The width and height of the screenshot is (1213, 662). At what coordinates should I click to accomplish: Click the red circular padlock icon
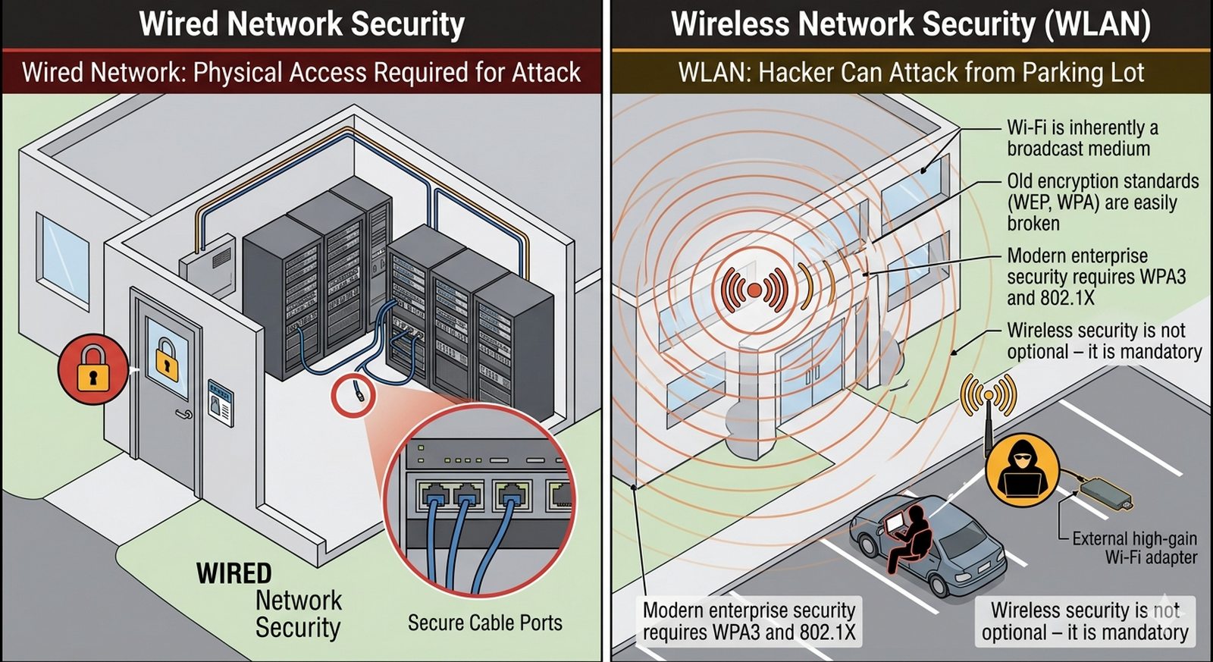(92, 369)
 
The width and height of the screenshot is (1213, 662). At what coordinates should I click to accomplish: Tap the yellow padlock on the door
(167, 359)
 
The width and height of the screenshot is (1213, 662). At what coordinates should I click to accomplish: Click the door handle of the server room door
(183, 414)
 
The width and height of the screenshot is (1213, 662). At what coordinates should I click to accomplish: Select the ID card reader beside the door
(221, 403)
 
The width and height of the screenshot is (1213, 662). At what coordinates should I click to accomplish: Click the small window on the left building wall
(63, 251)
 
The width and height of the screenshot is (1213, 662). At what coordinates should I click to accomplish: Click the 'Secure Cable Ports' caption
(484, 623)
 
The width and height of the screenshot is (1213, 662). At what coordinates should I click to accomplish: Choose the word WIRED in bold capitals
(234, 573)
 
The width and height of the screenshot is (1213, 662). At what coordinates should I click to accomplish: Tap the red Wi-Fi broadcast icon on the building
(754, 290)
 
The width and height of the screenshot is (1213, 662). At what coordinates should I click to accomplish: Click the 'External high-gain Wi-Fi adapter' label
(1134, 547)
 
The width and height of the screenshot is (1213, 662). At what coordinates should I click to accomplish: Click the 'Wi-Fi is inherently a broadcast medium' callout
(1082, 138)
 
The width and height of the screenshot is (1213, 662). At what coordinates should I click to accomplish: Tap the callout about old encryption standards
(1102, 202)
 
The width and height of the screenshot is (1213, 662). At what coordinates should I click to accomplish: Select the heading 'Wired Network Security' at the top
(302, 24)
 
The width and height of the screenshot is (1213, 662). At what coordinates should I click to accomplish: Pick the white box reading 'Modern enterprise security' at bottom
(748, 621)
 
